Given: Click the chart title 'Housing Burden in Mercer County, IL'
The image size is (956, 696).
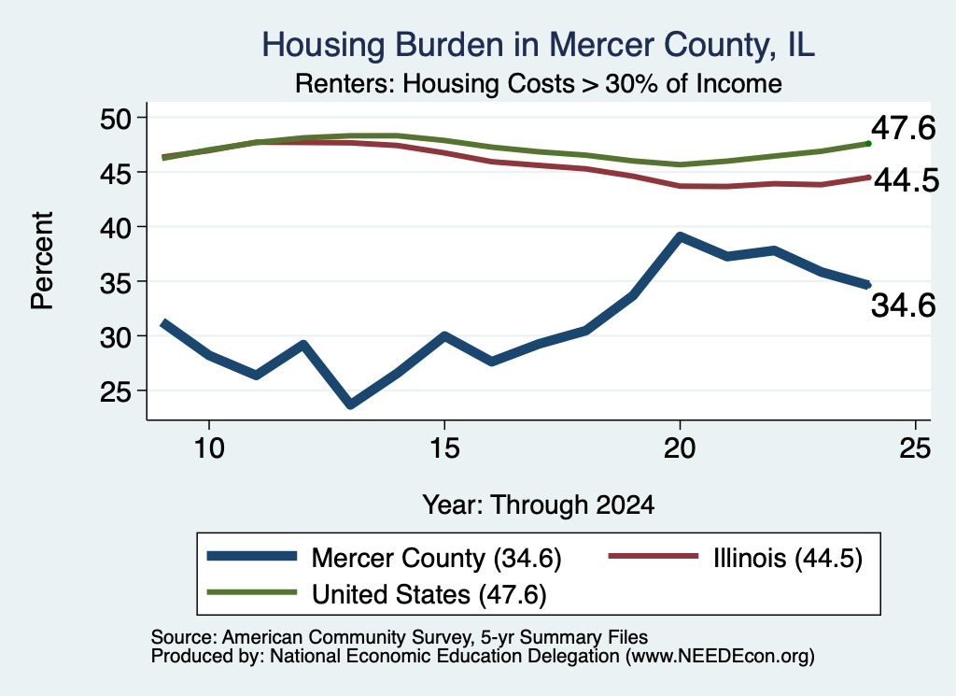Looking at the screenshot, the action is [538, 45].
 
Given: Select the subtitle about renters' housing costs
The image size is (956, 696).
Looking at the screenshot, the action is [539, 83].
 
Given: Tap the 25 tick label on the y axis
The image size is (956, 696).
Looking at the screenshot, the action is [116, 391].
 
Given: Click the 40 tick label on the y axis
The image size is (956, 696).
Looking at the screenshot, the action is [116, 228].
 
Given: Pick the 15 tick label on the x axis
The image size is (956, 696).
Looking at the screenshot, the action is [444, 449].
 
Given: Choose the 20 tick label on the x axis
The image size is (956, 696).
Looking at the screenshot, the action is [680, 449].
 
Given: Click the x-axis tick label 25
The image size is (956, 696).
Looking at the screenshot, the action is [915, 449].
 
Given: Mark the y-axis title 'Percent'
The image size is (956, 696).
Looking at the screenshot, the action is [43, 261].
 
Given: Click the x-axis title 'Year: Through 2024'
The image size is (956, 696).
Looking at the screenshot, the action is [539, 505].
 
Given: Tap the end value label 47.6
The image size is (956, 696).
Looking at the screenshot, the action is [903, 128].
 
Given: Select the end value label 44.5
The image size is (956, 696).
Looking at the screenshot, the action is [907, 180].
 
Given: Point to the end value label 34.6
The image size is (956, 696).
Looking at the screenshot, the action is [903, 305].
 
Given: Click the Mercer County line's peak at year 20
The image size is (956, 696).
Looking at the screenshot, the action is [680, 236].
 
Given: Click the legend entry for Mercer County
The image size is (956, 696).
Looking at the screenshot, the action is [384, 558].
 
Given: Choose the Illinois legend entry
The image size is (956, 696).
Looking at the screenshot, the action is [736, 558].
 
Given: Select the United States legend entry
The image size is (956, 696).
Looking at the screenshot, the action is [377, 594].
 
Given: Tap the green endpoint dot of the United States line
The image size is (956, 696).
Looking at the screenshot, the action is [868, 144].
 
